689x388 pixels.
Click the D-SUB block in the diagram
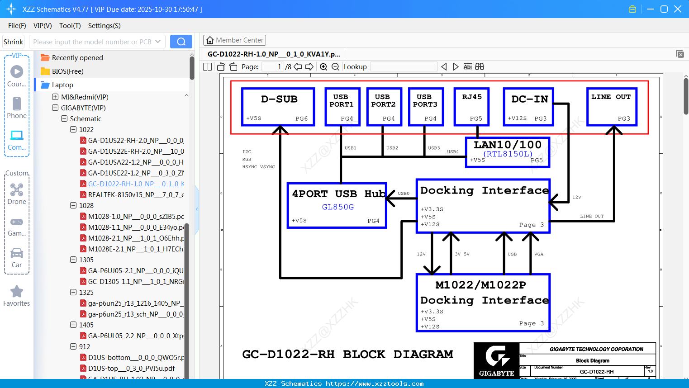pos(278,107)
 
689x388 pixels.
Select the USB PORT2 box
pos(384,107)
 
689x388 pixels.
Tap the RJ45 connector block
pos(471,107)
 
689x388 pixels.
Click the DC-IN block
pos(528,107)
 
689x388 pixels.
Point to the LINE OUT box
pos(612,107)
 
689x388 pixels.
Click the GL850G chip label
pos(338,207)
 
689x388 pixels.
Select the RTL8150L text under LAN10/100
pos(508,154)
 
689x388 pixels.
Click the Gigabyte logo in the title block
pos(496,360)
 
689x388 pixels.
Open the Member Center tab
pos(234,40)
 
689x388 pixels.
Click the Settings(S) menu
pos(104,26)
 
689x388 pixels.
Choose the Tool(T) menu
pos(70,26)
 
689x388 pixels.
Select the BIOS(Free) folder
pos(67,71)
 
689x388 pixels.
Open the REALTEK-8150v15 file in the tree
pos(136,195)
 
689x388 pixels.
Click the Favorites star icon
pos(17,292)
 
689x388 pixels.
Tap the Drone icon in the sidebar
pos(17,190)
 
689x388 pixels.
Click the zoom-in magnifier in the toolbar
pos(323,67)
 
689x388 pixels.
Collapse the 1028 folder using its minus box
pos(73,206)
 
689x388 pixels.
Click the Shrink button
pos(14,42)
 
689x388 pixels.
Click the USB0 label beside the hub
pos(404,194)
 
